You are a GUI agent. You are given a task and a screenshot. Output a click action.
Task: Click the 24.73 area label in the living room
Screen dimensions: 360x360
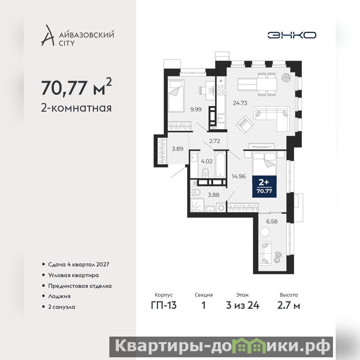point(240,103)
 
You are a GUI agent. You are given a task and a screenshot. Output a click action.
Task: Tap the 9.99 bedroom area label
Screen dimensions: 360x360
point(196,109)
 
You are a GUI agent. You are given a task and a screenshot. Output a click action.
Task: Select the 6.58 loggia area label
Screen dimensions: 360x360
point(272,221)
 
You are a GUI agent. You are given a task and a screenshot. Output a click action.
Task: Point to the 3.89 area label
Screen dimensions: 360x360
point(177,149)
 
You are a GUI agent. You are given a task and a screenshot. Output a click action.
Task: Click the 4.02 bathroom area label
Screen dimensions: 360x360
point(207,161)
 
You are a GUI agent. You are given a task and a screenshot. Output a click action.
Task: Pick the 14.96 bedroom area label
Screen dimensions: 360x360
point(238,176)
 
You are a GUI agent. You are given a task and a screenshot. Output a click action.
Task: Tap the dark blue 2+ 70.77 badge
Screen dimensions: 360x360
point(264,186)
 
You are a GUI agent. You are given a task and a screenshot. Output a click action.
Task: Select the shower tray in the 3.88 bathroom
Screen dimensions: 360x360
point(197,205)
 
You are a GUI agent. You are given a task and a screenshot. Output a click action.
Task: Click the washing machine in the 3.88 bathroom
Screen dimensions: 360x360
point(221,208)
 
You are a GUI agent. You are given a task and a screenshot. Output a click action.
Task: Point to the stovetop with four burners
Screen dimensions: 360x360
point(221,90)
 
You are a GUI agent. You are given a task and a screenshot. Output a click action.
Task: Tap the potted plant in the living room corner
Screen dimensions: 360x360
point(286,77)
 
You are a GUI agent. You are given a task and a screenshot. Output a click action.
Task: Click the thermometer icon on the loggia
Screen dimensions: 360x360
point(277,257)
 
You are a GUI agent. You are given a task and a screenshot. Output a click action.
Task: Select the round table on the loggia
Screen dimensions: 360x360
point(265,232)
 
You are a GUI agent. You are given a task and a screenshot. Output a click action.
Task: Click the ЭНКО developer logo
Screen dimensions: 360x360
point(292,35)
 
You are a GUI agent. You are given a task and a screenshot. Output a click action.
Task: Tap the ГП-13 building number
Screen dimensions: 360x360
point(164,305)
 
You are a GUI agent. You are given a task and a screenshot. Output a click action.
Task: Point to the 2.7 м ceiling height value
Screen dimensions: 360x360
point(288,305)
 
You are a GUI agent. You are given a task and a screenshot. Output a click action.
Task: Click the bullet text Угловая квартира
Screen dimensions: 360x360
point(73,275)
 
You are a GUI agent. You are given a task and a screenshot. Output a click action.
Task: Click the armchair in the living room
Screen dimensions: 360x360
point(245,125)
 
